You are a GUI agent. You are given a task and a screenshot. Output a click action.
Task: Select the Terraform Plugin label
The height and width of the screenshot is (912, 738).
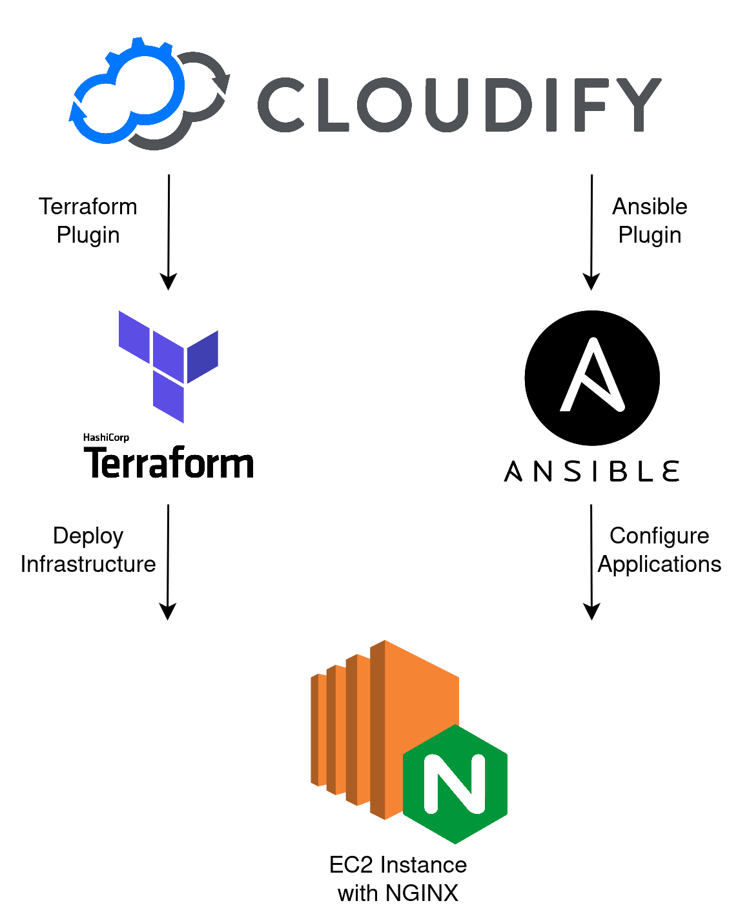(88, 221)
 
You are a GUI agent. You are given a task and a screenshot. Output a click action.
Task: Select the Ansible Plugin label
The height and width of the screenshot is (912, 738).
(650, 221)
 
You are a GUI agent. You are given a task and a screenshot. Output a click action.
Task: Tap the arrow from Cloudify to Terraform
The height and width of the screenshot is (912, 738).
(169, 232)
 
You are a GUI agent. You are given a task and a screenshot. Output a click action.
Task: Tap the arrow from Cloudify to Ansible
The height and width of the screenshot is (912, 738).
(591, 232)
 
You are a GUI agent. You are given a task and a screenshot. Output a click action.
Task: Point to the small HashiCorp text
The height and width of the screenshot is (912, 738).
(106, 438)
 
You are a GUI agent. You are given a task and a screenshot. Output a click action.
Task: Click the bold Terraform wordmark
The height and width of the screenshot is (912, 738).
(169, 463)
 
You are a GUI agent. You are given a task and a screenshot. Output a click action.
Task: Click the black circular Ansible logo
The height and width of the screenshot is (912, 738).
(592, 378)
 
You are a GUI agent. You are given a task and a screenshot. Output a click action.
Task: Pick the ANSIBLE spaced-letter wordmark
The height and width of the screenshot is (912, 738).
(591, 471)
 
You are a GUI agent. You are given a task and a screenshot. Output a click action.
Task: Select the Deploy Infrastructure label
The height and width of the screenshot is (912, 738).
(88, 550)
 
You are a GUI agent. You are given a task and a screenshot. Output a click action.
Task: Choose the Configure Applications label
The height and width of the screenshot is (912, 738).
(659, 550)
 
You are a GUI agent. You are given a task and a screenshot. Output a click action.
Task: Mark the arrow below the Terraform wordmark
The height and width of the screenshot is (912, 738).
(168, 562)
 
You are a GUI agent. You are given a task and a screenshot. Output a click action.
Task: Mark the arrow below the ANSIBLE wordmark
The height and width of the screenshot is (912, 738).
(591, 562)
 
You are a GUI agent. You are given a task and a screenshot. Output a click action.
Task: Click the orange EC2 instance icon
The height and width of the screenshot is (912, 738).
(374, 729)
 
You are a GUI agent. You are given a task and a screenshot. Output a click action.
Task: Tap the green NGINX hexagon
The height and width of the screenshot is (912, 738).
(455, 784)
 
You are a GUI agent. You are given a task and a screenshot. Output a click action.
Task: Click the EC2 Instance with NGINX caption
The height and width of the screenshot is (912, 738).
(398, 878)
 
